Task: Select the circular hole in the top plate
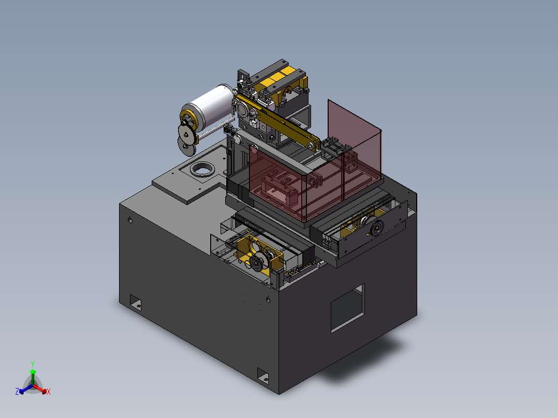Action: [202, 169]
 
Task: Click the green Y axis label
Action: [33, 364]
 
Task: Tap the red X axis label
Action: [49, 392]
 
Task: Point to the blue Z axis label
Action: [17, 391]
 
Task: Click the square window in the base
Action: [348, 308]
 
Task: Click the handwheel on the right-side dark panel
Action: [376, 228]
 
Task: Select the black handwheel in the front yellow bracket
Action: [257, 263]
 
